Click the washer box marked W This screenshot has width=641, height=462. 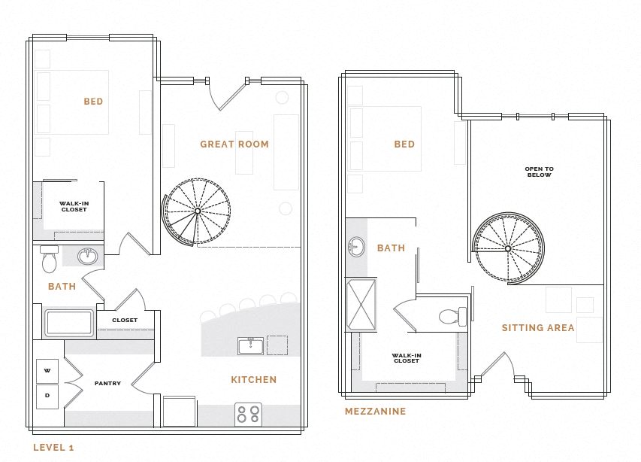point(47,371)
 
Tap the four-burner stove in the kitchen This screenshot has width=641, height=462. point(249,415)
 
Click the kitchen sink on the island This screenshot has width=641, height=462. point(251,345)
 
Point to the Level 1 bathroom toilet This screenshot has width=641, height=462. point(50,260)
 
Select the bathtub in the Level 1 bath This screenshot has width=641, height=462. point(69,323)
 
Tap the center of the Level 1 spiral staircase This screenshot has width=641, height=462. point(197,211)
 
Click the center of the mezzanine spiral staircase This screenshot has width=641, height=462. point(508,248)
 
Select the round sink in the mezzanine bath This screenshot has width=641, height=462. point(356,246)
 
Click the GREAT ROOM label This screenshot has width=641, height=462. point(234,144)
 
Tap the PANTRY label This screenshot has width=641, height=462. point(107,383)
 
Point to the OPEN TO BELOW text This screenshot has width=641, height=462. point(539,172)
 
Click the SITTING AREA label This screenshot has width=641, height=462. point(538,327)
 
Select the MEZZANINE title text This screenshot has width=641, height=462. point(375,412)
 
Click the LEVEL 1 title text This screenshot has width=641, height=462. point(53,448)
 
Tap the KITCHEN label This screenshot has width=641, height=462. point(253,380)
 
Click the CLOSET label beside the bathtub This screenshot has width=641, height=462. point(125,320)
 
